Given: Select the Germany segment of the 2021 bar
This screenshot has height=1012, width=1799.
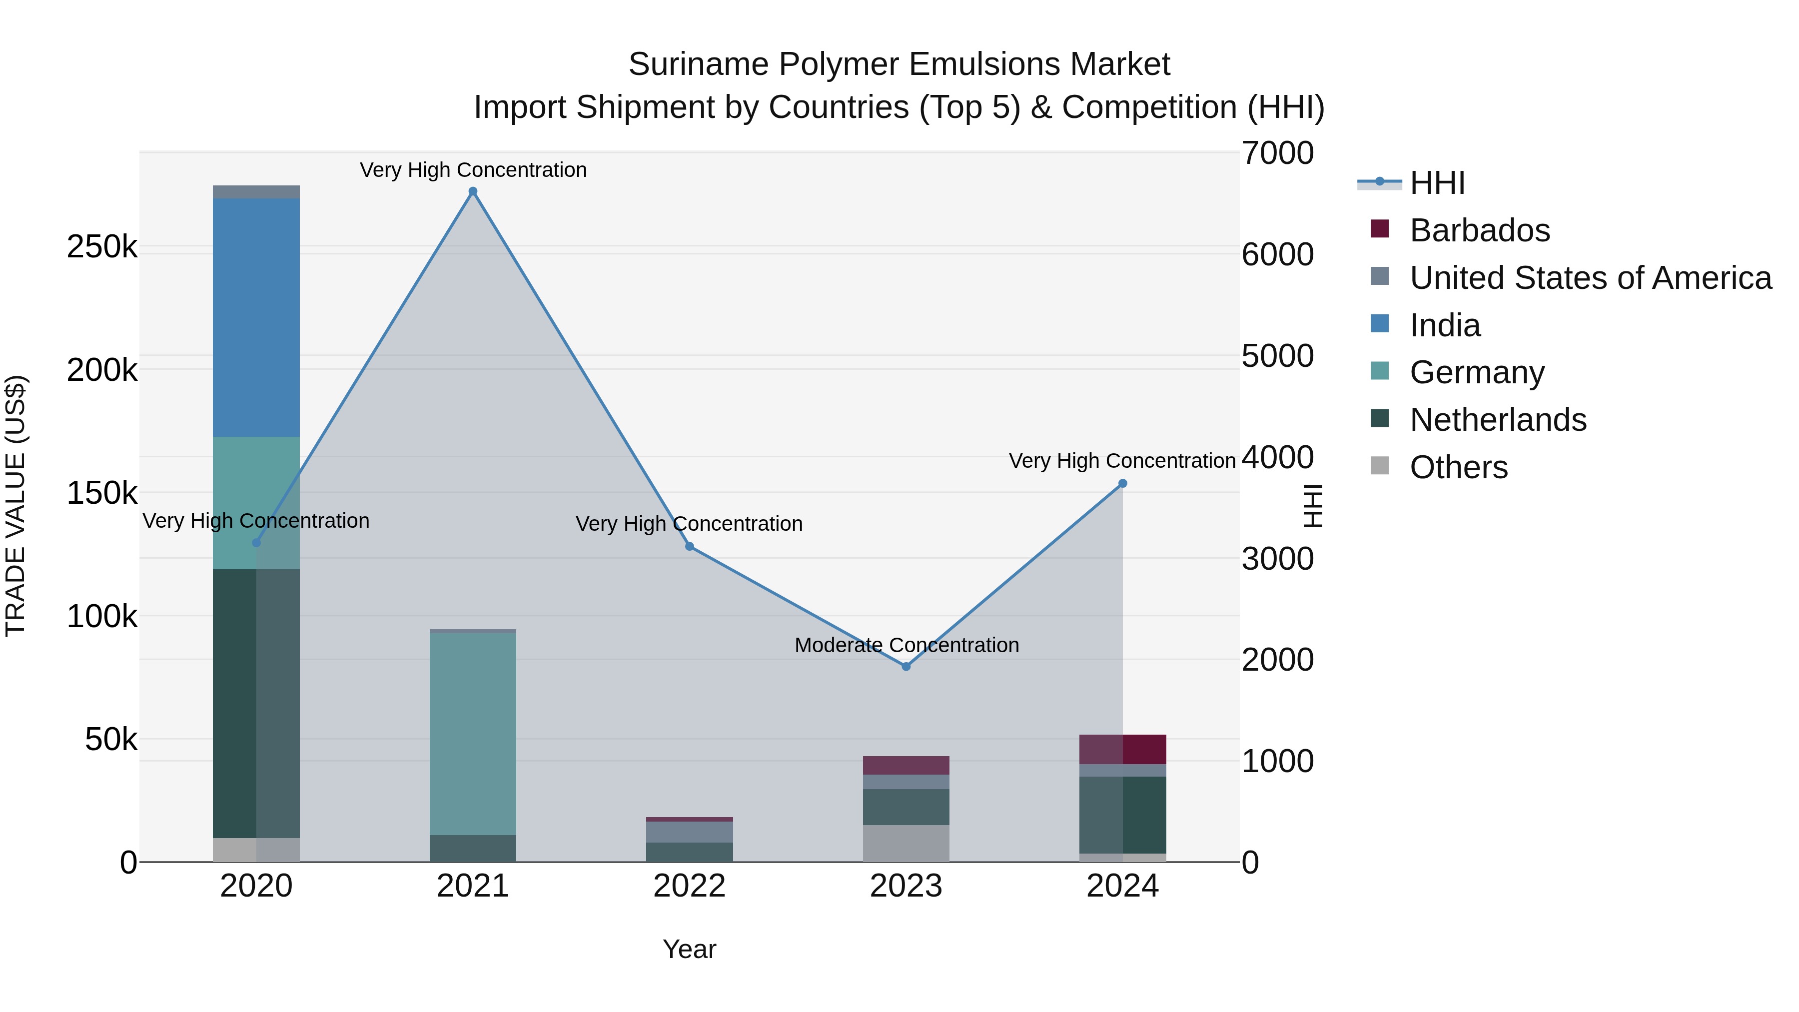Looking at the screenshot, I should click(473, 733).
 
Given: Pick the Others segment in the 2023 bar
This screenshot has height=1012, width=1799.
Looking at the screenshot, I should click(906, 843).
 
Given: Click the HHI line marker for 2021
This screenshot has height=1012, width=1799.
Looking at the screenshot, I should click(473, 191).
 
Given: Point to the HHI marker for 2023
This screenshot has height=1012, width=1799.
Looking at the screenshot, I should click(906, 666).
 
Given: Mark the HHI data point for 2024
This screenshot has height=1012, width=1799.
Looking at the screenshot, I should click(1122, 483).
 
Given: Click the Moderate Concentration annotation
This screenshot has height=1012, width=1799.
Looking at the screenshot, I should click(906, 645).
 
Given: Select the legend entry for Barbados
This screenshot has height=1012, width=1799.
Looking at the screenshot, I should click(1479, 230).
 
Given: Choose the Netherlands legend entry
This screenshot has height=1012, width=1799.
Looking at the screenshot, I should click(1497, 420).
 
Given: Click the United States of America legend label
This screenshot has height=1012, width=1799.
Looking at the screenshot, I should click(1590, 278).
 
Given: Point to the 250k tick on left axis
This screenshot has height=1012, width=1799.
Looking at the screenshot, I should click(102, 246).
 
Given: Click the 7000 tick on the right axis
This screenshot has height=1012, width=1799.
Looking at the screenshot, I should click(1277, 153).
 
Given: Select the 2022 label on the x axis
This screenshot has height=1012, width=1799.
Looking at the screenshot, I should click(689, 886).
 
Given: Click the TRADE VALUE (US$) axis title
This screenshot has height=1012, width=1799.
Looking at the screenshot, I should click(15, 506).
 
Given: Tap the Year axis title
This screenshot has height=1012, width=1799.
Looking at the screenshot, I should click(689, 949).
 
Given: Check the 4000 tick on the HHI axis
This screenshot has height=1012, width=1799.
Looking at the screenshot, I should click(1277, 457).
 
